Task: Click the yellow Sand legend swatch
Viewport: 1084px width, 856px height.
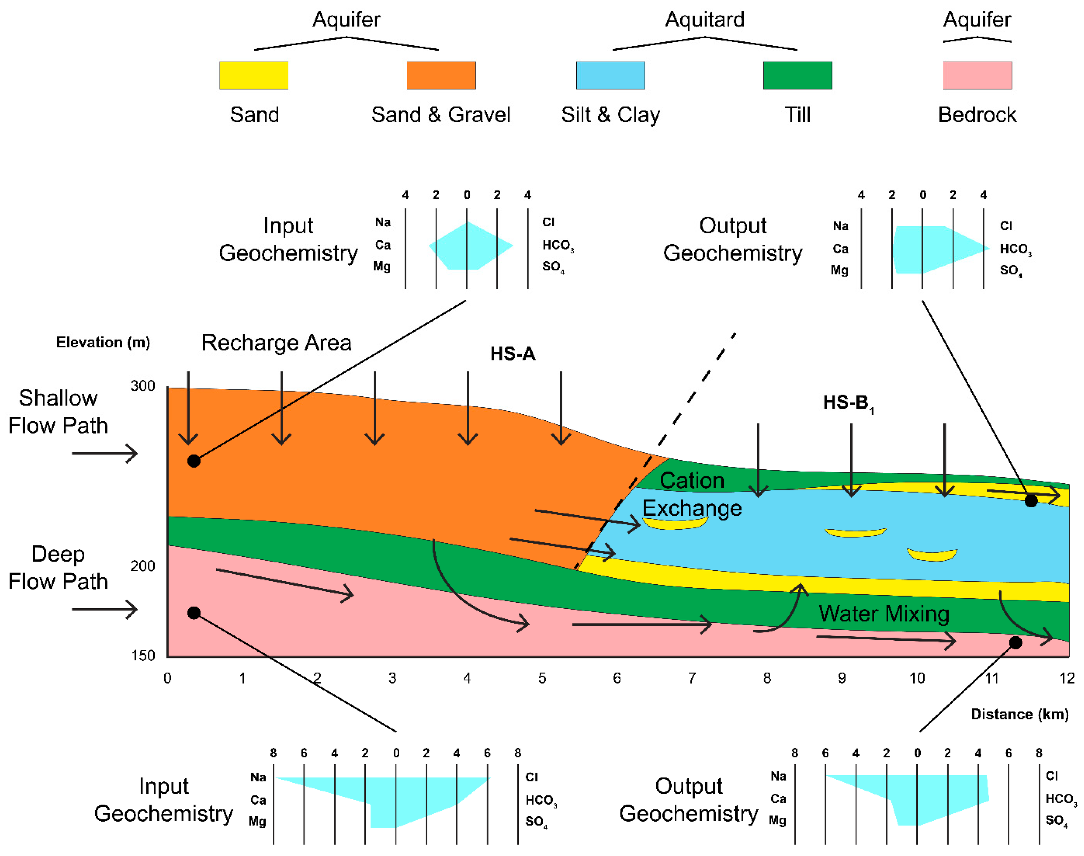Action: [x=254, y=75]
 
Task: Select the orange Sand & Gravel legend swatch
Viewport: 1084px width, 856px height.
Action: [x=441, y=75]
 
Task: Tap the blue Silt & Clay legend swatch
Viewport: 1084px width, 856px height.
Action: [x=610, y=75]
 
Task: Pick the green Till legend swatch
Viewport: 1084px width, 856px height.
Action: [x=797, y=75]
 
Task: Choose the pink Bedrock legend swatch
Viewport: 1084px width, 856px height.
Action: [x=977, y=75]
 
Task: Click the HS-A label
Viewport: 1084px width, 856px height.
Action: [x=513, y=354]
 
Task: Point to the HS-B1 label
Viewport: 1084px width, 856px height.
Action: [x=848, y=403]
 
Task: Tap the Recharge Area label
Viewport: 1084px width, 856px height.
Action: [x=276, y=343]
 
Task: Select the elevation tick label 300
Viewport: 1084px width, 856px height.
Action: [x=143, y=386]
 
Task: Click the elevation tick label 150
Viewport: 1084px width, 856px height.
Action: [x=143, y=655]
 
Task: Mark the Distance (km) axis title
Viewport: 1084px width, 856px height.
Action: [x=1019, y=714]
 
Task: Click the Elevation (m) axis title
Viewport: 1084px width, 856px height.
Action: [x=103, y=342]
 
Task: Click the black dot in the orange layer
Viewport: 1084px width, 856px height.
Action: [x=194, y=461]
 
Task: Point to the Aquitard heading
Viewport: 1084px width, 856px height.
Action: [x=704, y=20]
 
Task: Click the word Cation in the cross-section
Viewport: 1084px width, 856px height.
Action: [x=692, y=481]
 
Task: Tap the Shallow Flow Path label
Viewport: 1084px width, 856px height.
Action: [x=58, y=411]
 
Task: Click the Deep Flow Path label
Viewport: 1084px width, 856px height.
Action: [x=58, y=567]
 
